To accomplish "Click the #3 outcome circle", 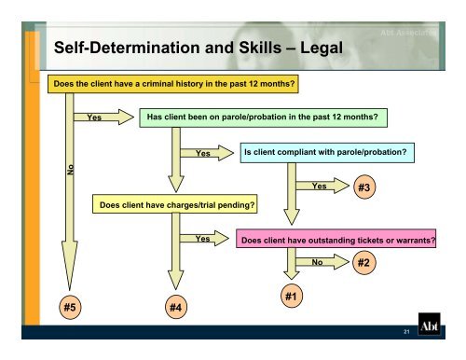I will click(365, 187).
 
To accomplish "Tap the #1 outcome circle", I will click(292, 297).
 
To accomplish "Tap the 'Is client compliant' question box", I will click(326, 151).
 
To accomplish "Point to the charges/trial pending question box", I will click(174, 203).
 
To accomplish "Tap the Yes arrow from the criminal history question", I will click(104, 118).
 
